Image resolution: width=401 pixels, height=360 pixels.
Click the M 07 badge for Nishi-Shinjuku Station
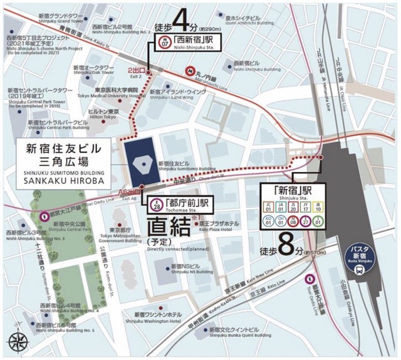tap(165, 44)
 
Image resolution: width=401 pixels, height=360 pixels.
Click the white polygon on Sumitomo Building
tap(143, 163)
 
